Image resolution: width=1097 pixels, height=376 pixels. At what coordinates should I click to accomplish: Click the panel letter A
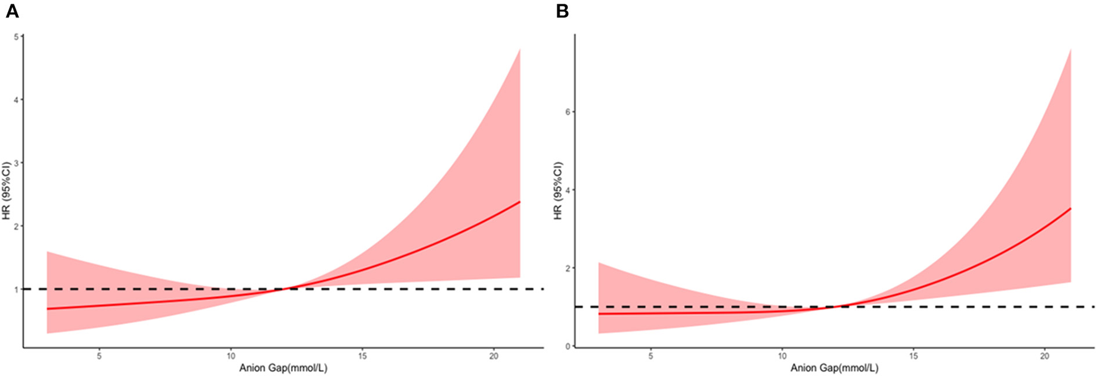point(12,11)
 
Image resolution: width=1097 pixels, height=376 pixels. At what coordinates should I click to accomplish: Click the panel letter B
point(562,11)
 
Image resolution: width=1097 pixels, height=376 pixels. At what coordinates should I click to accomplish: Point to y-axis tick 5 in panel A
point(16,36)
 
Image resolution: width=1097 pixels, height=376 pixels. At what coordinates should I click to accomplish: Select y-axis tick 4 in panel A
point(16,100)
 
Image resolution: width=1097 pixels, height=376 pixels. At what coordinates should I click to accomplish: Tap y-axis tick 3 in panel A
point(16,163)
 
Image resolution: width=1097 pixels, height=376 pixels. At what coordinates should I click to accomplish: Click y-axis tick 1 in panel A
point(16,289)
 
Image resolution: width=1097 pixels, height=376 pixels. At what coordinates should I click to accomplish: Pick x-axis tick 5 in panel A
point(99,356)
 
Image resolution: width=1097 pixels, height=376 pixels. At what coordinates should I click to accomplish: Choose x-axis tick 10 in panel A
point(231,356)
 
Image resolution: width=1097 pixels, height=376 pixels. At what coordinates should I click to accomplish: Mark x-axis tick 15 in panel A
point(362,356)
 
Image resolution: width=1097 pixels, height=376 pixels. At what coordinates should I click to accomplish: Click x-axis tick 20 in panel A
point(493,356)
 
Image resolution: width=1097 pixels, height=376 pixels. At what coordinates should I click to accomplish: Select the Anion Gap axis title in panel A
point(283,369)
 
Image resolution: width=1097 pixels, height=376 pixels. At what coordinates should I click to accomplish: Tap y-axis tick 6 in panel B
point(566,112)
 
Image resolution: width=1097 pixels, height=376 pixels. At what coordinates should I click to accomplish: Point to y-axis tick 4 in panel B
point(566,190)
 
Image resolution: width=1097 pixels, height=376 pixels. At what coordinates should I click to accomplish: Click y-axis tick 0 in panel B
point(566,346)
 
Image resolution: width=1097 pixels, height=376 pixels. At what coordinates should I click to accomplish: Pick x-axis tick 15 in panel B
point(913,356)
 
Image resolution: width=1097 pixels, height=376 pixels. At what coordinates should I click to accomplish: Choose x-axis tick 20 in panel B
point(1044,356)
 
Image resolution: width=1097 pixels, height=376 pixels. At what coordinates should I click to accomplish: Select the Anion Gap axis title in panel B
point(834,369)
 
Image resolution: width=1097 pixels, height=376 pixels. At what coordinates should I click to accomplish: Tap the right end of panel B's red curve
point(1070,208)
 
